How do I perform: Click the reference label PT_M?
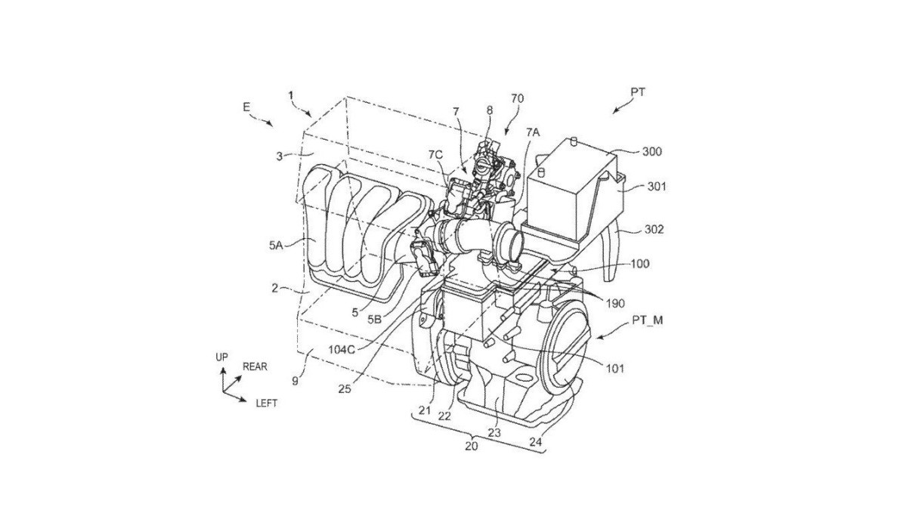coord(648,320)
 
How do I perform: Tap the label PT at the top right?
coord(638,92)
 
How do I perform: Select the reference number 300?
coord(652,152)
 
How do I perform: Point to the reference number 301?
coord(657,187)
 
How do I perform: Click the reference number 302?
coord(655,230)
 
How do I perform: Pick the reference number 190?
coord(615,303)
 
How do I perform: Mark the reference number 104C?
coord(342,349)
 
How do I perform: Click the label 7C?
coord(435,155)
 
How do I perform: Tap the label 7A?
coord(533,132)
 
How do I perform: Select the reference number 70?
coord(518,98)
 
